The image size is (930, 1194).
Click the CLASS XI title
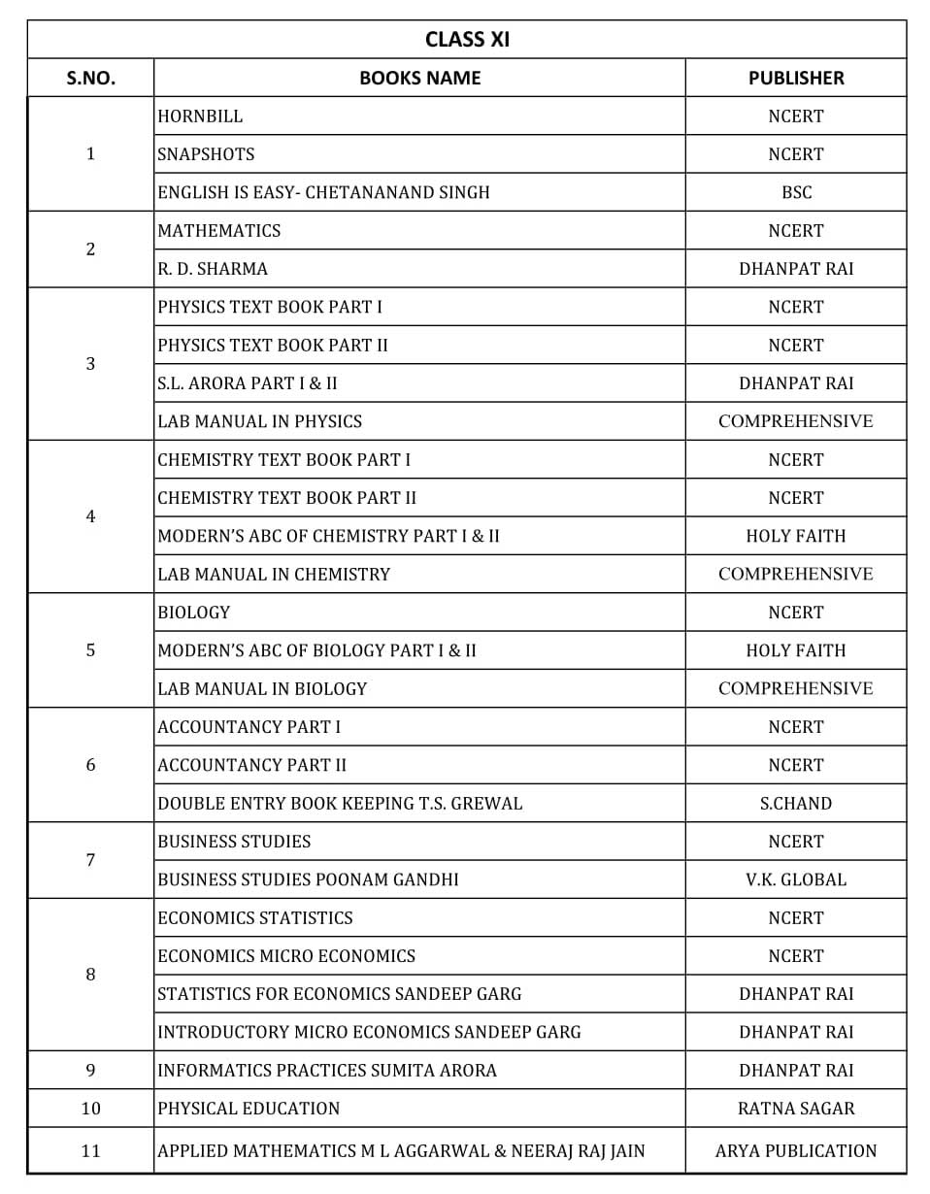pyautogui.click(x=467, y=39)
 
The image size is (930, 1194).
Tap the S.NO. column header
pyautogui.click(x=90, y=78)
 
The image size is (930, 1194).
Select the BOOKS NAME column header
pyautogui.click(x=419, y=78)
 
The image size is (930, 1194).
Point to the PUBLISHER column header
pyautogui.click(x=795, y=78)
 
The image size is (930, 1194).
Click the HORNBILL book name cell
pyautogui.click(x=201, y=116)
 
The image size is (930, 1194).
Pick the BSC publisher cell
pyautogui.click(x=795, y=192)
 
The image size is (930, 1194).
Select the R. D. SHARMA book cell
pyautogui.click(x=213, y=269)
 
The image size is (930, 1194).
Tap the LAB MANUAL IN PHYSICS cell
pyautogui.click(x=259, y=421)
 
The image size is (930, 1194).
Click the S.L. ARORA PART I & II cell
pyautogui.click(x=248, y=383)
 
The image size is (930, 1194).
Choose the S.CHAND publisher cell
pyautogui.click(x=795, y=804)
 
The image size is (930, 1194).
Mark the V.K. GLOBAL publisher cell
pyautogui.click(x=795, y=879)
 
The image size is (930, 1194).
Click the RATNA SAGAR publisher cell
pyautogui.click(x=795, y=1109)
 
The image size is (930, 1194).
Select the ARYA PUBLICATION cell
pyautogui.click(x=795, y=1151)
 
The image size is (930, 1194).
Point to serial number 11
pyautogui.click(x=90, y=1151)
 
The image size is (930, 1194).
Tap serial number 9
pyautogui.click(x=90, y=1071)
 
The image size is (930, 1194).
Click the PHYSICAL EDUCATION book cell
pyautogui.click(x=249, y=1109)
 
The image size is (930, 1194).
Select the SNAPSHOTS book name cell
pyautogui.click(x=206, y=154)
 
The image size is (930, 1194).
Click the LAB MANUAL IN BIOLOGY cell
pyautogui.click(x=262, y=689)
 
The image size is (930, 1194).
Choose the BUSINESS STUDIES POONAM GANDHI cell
pyautogui.click(x=308, y=879)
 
